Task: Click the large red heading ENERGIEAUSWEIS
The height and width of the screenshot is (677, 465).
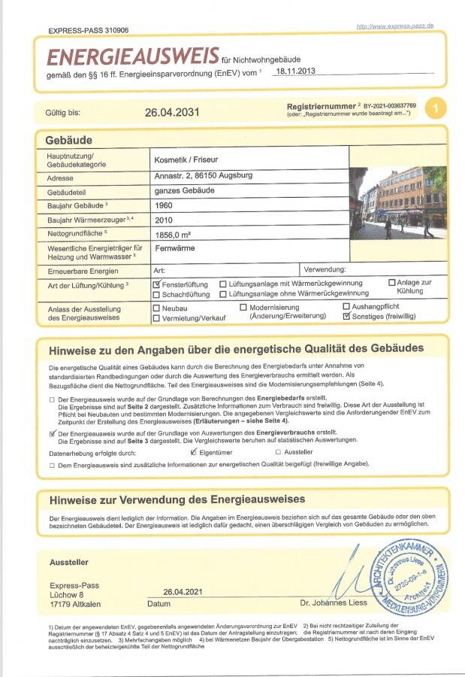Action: point(132,56)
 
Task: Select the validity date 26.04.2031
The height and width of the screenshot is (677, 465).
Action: point(172,112)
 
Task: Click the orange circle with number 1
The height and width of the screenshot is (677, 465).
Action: point(435,108)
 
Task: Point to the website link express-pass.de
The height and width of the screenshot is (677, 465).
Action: point(395,26)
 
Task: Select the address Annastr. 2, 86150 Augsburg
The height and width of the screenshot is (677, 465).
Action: point(203,176)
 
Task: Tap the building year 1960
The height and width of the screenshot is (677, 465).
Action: point(164,205)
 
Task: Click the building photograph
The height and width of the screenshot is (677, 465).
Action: point(397,203)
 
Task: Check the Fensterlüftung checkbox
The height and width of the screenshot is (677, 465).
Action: point(157,284)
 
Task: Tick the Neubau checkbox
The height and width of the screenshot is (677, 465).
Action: point(156,308)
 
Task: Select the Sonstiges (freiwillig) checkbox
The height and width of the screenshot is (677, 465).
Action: point(346,317)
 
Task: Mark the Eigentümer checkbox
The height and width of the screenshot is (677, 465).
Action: point(194,452)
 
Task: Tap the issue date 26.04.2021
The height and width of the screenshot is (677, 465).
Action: point(183,591)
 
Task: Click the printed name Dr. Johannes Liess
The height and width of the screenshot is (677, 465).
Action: point(334,603)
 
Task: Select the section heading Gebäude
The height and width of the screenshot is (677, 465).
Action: point(68,141)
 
